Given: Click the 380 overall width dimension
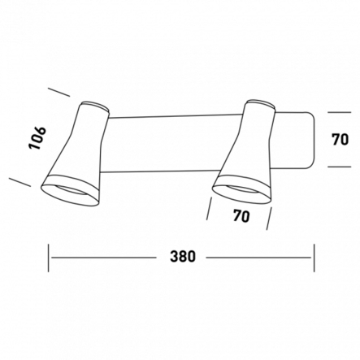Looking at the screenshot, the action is [183, 256].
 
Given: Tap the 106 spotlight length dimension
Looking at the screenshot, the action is [37, 138].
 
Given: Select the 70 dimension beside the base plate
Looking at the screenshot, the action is [340, 140].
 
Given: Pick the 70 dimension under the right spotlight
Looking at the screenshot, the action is [241, 216].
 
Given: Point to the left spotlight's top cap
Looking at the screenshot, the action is [95, 106].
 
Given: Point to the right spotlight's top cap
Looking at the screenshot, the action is [262, 105].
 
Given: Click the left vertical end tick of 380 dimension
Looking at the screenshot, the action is [49, 258].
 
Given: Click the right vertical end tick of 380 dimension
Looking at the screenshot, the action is [314, 258].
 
